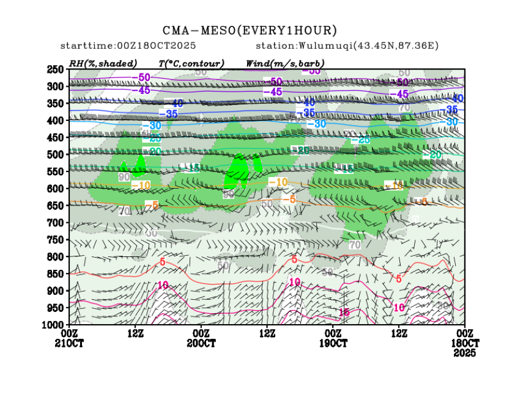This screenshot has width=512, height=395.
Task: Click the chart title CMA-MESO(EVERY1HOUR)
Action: pyautogui.click(x=250, y=31)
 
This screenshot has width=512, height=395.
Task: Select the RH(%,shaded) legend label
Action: pyautogui.click(x=103, y=63)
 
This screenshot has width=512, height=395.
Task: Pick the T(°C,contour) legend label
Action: pyautogui.click(x=191, y=63)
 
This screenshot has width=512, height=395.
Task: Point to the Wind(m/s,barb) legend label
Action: pyautogui.click(x=285, y=63)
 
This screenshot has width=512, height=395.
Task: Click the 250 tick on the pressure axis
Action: pyautogui.click(x=56, y=70)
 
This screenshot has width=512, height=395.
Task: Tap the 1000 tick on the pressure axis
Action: pyautogui.click(x=54, y=324)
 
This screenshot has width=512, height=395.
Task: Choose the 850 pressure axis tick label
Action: pyautogui.click(x=56, y=273)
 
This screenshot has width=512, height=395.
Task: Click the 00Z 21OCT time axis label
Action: pyautogui.click(x=70, y=338)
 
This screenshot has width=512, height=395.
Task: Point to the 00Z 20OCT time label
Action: pyautogui.click(x=201, y=338)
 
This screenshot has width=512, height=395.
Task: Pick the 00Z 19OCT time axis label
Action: pyautogui.click(x=333, y=338)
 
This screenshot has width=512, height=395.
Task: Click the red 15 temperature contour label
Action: pyautogui.click(x=344, y=312)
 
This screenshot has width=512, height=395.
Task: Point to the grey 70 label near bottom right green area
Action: pyautogui.click(x=354, y=245)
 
